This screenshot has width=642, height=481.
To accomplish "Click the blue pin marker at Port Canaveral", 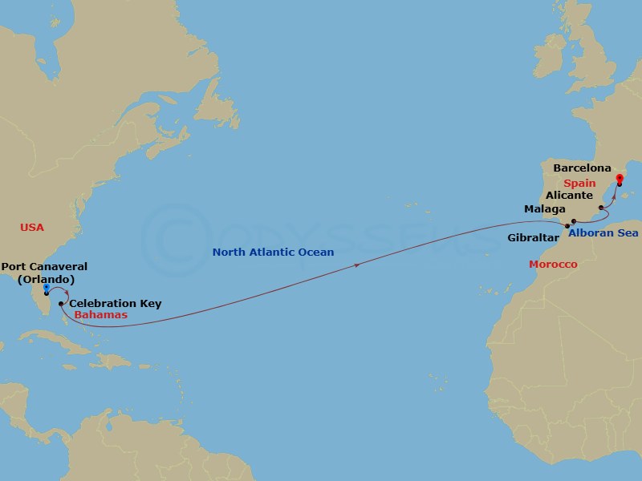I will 47,287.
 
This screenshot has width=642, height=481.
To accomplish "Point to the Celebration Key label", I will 116,303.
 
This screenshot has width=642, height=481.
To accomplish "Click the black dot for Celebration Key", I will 61,304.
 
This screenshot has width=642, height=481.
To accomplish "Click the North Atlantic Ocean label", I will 273,252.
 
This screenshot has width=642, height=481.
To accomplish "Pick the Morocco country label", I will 553,264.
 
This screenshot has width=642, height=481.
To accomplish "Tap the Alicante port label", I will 569,196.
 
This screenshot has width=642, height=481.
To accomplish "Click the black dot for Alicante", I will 601,208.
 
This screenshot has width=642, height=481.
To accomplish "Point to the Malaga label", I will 544,209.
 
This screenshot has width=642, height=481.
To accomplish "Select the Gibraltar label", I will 534,237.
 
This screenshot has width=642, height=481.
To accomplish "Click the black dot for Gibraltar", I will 567,228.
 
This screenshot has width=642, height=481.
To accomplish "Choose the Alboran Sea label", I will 603,233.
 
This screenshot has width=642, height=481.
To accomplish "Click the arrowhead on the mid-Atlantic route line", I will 356,264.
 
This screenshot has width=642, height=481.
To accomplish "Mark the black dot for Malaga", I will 574,221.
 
